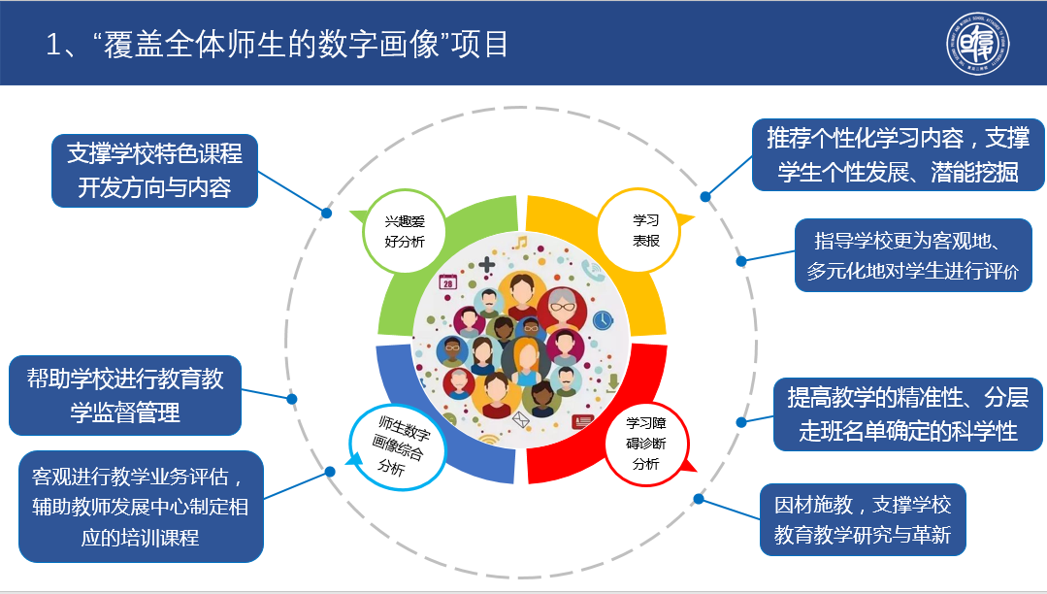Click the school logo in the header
pos(978,46)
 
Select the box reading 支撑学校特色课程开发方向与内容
pos(154,170)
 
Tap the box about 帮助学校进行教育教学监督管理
pos(125,395)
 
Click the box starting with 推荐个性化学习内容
pos(898,155)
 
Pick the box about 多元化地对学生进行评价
pos(913,255)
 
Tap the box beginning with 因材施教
pos(863,519)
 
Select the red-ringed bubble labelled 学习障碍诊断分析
pos(645,444)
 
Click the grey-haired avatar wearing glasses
pos(563,311)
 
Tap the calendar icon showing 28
pos(447,281)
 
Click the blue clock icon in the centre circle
pos(603,319)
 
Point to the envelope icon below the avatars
pos(520,420)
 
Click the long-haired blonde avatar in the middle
pos(525,361)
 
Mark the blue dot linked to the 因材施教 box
pos(698,499)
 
